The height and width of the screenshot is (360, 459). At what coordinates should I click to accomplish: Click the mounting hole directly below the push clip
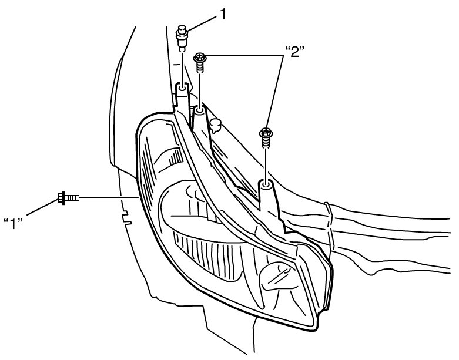pyautogui.click(x=183, y=88)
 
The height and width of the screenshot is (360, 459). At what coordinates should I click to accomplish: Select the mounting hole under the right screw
pyautogui.click(x=266, y=186)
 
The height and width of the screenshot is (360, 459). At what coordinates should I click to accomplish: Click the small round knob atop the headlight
pyautogui.click(x=215, y=124)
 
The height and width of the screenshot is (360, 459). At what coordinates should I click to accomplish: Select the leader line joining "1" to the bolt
pyautogui.click(x=44, y=210)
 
